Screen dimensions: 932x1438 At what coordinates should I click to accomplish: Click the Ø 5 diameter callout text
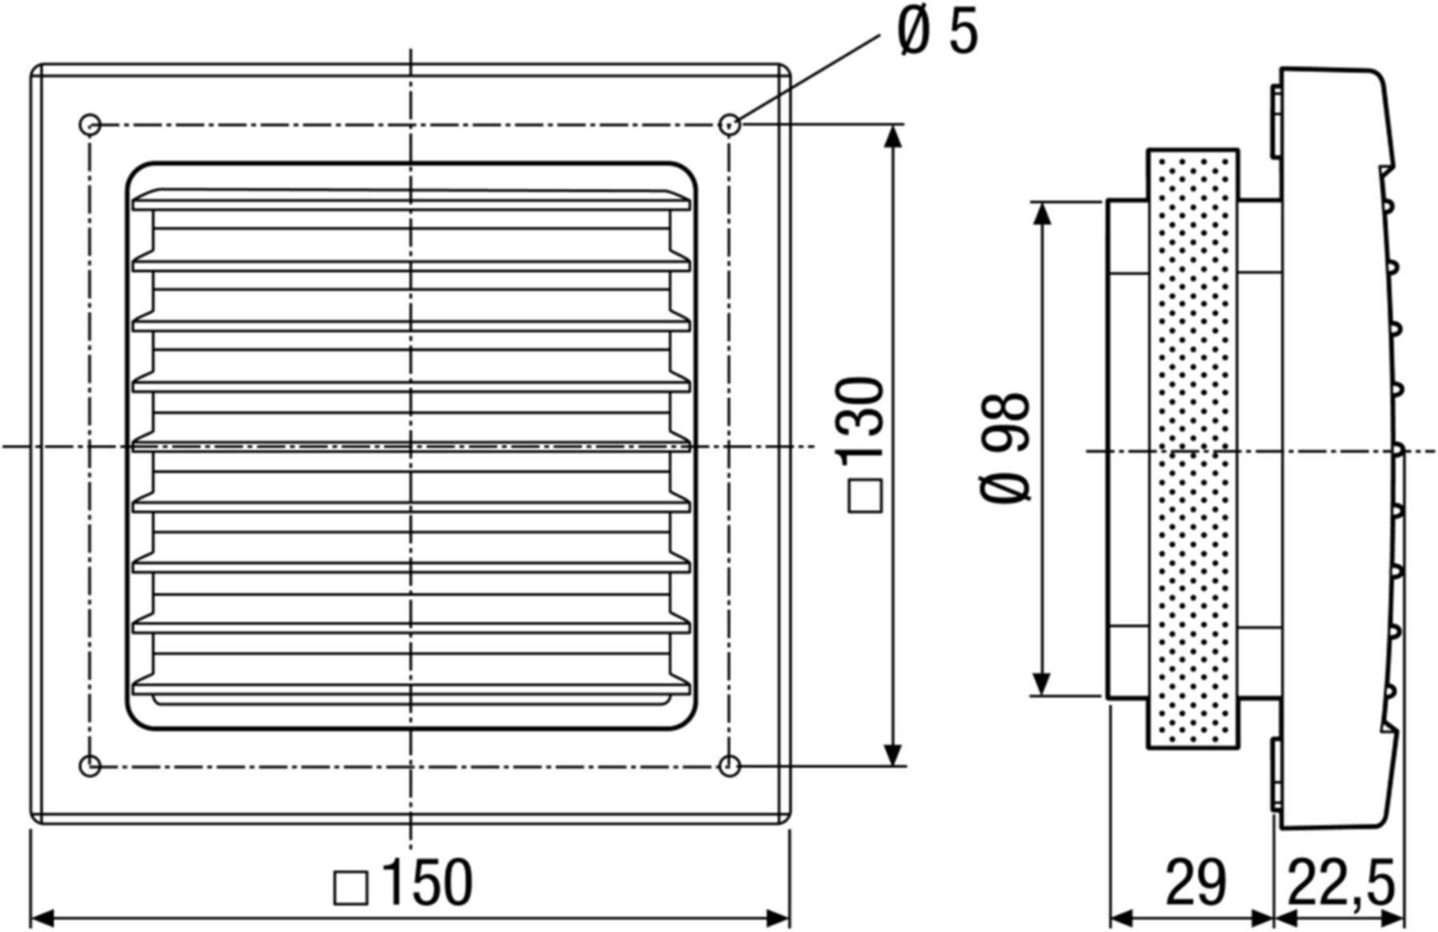point(936,33)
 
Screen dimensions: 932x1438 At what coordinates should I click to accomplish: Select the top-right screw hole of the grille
point(729,125)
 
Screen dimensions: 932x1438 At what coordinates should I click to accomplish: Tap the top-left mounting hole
point(90,125)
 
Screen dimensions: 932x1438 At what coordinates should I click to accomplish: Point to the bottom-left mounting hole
point(91,765)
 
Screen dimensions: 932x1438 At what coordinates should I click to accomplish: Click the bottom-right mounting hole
point(729,766)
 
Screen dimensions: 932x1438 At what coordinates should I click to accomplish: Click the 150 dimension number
point(427,882)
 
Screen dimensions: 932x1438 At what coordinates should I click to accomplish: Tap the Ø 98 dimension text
point(1006,447)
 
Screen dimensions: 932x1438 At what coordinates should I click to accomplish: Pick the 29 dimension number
point(1194,882)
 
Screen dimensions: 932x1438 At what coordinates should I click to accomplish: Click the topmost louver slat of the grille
point(411,200)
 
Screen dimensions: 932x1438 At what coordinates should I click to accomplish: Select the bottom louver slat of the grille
point(411,687)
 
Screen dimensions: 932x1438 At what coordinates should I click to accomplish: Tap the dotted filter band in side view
point(1193,447)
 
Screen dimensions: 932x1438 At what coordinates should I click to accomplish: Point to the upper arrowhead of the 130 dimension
point(894,137)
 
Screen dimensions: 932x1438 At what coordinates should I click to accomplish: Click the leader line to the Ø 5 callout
point(807,79)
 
